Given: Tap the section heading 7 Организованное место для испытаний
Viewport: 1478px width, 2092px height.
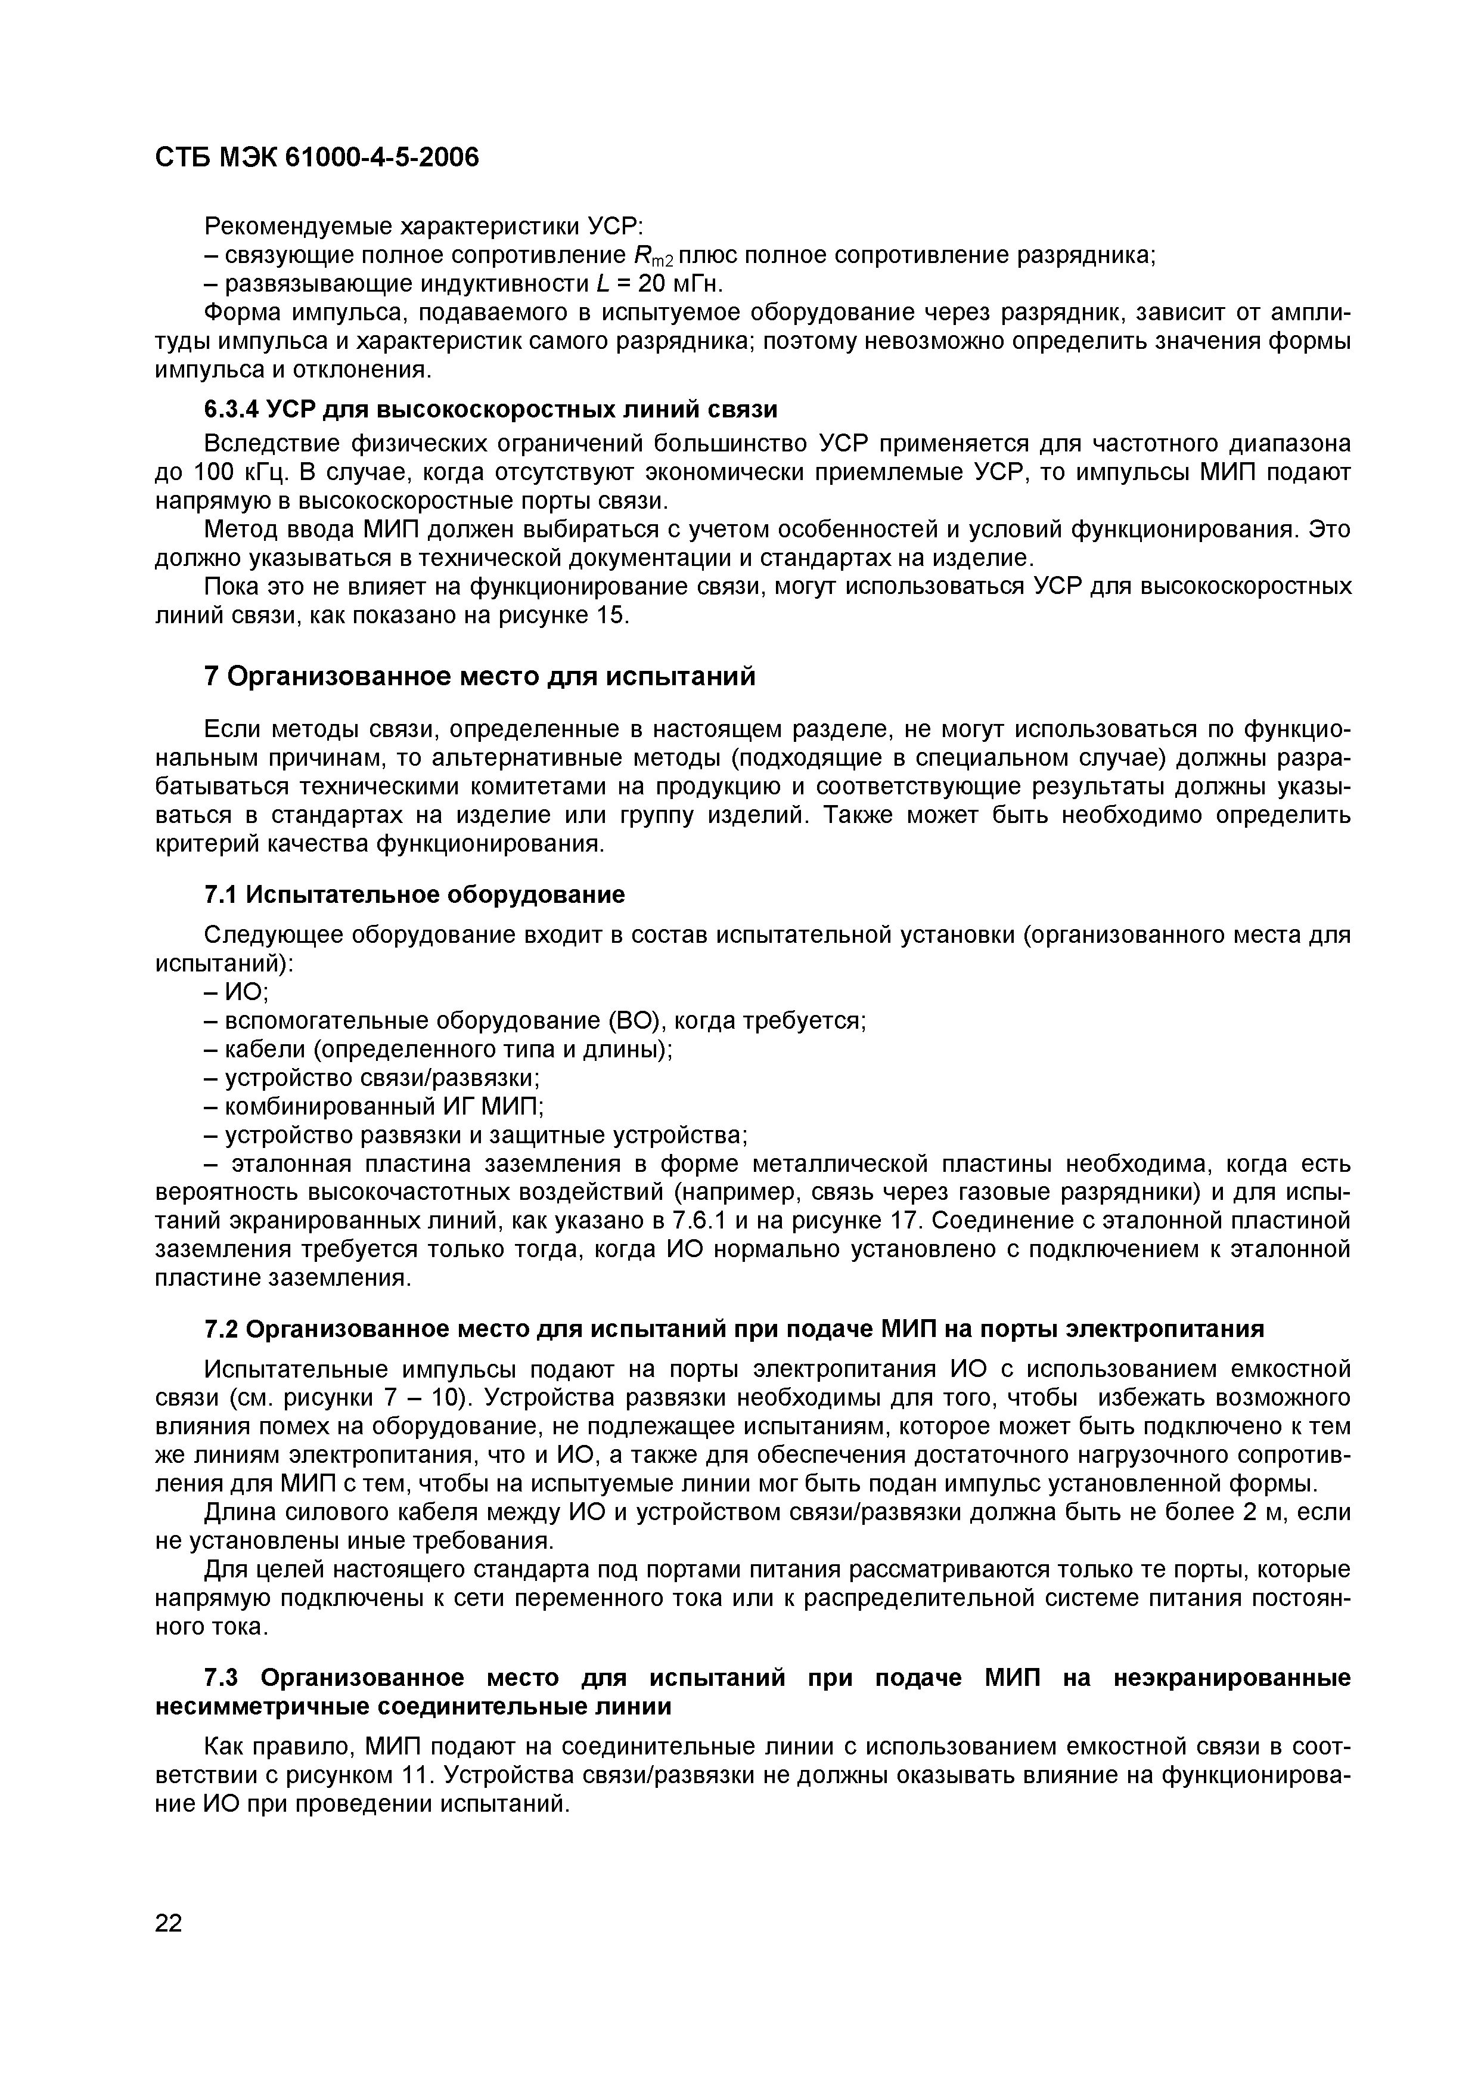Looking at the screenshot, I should (480, 677).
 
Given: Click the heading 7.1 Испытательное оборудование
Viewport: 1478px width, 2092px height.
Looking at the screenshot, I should (414, 895).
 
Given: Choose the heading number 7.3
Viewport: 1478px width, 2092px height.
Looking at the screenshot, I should (221, 1678).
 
